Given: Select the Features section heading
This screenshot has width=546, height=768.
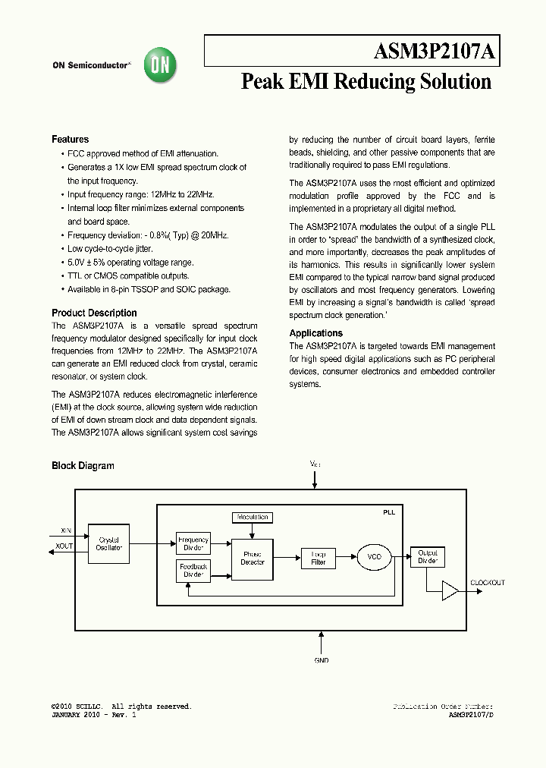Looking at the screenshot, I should click(x=70, y=140).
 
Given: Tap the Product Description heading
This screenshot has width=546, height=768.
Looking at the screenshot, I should click(x=94, y=313).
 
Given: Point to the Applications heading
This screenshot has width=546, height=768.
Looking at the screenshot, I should click(x=315, y=333).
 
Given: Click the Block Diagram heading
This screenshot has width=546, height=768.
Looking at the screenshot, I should click(x=83, y=466).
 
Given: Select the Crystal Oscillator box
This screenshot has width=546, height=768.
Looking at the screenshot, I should click(x=109, y=543).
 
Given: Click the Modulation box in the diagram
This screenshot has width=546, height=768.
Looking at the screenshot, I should click(x=252, y=517).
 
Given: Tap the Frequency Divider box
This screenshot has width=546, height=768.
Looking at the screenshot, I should click(x=193, y=543).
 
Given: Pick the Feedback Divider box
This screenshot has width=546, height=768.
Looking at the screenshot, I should click(x=193, y=571).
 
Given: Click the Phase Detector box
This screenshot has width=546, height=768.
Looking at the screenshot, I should click(x=252, y=559).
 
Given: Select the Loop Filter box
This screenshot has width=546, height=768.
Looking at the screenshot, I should click(x=318, y=559).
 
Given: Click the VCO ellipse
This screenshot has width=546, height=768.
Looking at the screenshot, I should click(x=374, y=557).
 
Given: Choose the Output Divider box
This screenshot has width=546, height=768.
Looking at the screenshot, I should click(x=428, y=557).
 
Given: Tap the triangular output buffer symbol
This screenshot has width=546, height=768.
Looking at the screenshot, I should click(x=450, y=590).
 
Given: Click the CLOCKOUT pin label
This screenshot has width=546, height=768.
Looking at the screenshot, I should click(x=488, y=583).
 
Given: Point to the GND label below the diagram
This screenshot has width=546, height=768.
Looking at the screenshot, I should click(x=322, y=660).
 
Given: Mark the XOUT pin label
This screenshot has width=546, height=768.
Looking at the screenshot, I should click(x=64, y=546).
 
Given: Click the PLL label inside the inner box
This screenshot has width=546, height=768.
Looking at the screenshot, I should click(x=388, y=512).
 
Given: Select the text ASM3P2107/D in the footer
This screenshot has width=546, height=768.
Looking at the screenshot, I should click(x=471, y=715).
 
